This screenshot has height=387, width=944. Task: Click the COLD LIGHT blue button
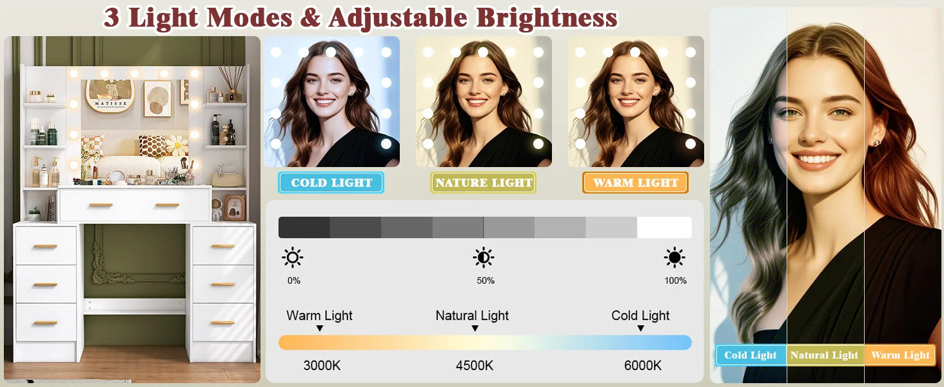[x=331, y=183]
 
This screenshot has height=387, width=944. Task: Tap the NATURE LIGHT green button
[x=484, y=183]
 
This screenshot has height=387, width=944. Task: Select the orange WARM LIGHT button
[x=636, y=183]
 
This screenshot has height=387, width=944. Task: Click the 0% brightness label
[x=294, y=281]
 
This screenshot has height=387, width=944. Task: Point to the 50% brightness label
[x=486, y=281]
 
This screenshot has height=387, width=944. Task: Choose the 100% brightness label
[x=676, y=281]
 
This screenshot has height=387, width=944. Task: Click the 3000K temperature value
[x=322, y=366]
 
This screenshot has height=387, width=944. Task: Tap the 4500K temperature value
[x=475, y=366]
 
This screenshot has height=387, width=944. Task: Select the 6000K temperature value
[x=643, y=366]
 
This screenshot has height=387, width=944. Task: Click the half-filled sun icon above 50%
[x=484, y=257]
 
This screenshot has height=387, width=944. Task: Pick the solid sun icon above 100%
[x=674, y=257]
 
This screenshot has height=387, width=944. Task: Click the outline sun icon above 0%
[x=293, y=257]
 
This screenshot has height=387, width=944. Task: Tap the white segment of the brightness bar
[x=664, y=227]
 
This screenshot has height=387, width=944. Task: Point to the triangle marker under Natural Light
[x=475, y=328]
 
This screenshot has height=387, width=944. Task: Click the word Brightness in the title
[x=547, y=18]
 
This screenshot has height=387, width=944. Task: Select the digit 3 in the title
[x=112, y=17]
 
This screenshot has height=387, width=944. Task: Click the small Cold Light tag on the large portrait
[x=751, y=355]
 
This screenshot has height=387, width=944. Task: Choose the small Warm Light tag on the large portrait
[x=900, y=355]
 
